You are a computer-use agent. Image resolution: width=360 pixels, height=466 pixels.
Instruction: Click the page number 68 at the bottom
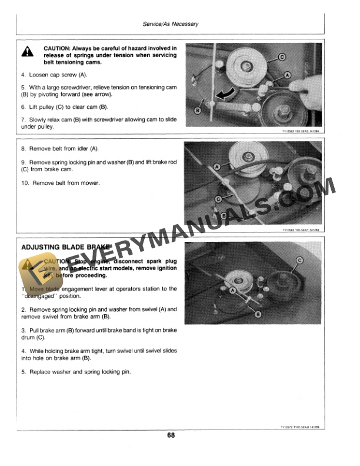click(171, 436)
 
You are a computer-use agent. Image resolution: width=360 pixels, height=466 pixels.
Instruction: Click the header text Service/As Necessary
click(171, 24)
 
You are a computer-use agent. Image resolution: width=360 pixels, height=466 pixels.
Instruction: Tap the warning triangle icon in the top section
click(28, 52)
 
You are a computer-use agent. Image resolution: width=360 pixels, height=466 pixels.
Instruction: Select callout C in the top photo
click(281, 57)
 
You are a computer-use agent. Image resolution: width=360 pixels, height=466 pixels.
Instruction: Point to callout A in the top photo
click(287, 75)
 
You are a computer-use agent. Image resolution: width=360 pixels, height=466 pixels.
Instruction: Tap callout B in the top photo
click(198, 111)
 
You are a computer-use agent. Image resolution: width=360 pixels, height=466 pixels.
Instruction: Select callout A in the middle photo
click(217, 168)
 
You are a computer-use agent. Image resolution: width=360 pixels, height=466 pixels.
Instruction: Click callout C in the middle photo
click(218, 200)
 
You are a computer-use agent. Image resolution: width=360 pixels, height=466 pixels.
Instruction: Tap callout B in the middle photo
click(224, 217)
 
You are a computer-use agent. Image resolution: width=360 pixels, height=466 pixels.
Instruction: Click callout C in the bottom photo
click(301, 260)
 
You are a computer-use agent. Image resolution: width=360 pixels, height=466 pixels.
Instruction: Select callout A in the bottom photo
click(234, 291)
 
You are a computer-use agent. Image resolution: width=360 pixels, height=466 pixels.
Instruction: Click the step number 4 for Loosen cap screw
click(23, 75)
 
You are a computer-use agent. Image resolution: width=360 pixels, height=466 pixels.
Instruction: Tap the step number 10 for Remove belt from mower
click(25, 183)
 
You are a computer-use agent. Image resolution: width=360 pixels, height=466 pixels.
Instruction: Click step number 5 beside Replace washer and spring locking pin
click(23, 372)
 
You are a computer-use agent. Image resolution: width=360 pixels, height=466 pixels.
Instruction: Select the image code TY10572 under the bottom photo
click(288, 428)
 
